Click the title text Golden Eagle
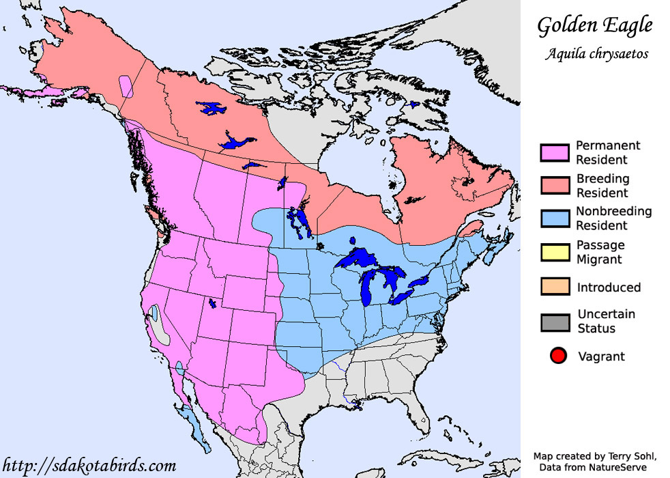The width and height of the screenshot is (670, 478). pyautogui.click(x=595, y=26)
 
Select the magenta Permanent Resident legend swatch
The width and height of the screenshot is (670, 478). pyautogui.click(x=554, y=152)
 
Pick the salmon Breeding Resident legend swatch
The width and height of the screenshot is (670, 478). pyautogui.click(x=554, y=185)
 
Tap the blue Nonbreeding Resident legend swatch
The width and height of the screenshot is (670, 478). pyautogui.click(x=554, y=218)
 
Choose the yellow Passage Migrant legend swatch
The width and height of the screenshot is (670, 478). pyautogui.click(x=554, y=251)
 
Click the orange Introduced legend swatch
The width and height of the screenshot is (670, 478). pyautogui.click(x=554, y=286)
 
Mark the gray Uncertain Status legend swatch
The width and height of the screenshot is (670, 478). pyautogui.click(x=554, y=321)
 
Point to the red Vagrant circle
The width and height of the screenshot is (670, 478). pyautogui.click(x=558, y=356)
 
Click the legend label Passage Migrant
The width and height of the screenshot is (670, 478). pyautogui.click(x=600, y=252)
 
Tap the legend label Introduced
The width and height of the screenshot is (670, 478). pyautogui.click(x=609, y=287)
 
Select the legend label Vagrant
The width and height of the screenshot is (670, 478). pyautogui.click(x=601, y=356)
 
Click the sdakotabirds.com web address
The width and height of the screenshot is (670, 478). pyautogui.click(x=89, y=466)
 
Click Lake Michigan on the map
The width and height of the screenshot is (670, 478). pyautogui.click(x=369, y=287)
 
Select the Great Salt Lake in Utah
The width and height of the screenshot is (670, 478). pyautogui.click(x=212, y=303)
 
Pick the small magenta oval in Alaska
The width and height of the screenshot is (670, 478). pyautogui.click(x=126, y=87)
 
